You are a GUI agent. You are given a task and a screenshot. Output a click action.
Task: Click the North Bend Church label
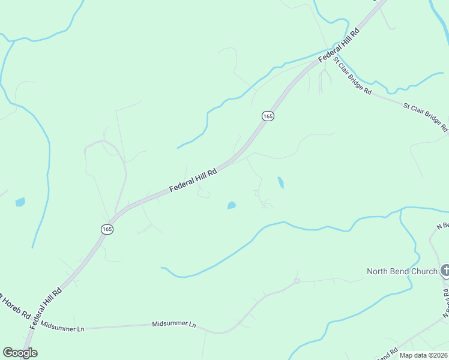pyautogui.click(x=402, y=271)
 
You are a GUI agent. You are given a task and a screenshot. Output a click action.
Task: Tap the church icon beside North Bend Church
pyautogui.click(x=445, y=271)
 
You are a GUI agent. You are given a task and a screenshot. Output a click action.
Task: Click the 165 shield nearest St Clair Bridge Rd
pyautogui.click(x=268, y=116)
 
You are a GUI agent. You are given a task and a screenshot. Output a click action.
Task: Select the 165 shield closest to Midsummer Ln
pyautogui.click(x=106, y=229)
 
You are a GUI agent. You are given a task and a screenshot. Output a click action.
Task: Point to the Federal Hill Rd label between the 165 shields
pyautogui.click(x=192, y=179)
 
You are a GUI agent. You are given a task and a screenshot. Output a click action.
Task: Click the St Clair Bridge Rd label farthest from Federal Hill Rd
pyautogui.click(x=426, y=116)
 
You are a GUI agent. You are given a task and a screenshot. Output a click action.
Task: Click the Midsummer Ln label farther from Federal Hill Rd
pyautogui.click(x=174, y=307)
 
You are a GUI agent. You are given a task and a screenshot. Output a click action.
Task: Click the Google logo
pyautogui.click(x=20, y=353)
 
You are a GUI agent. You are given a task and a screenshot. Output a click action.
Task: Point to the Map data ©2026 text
pyautogui.click(x=424, y=355)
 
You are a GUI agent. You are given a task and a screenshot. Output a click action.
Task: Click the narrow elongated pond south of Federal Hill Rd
pyautogui.click(x=280, y=182)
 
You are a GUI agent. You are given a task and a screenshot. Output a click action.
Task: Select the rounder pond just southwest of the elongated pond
pyautogui.click(x=231, y=206)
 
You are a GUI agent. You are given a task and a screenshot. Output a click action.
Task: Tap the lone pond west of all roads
pyautogui.click(x=20, y=202)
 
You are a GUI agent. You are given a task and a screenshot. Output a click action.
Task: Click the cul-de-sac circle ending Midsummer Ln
pyautogui.click(x=296, y=280)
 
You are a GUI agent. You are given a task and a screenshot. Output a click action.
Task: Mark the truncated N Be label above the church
pyautogui.click(x=442, y=226)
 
